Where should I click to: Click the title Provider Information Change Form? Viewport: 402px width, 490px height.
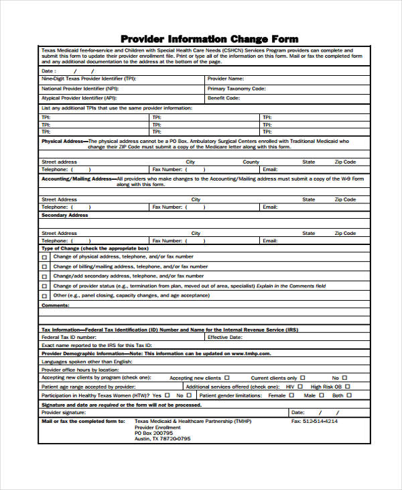[209, 38]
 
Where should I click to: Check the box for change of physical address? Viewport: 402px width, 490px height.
[45, 257]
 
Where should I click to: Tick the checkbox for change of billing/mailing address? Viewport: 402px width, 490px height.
[45, 266]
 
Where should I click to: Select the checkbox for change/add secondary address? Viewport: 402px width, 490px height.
[45, 276]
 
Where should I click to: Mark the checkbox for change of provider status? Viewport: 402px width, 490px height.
[45, 286]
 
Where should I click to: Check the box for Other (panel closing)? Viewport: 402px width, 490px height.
[45, 295]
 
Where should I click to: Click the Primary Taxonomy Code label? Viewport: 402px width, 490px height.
[237, 88]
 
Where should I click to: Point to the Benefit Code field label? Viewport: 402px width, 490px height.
[224, 97]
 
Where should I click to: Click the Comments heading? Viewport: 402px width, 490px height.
[56, 305]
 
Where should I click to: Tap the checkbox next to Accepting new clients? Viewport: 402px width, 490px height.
[226, 378]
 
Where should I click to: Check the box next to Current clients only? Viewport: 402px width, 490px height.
[303, 378]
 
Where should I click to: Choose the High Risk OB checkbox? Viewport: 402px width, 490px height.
[347, 387]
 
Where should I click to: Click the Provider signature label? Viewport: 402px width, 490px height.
[66, 412]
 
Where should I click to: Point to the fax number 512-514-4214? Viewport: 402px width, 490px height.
[314, 421]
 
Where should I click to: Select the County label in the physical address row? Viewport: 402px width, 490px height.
[251, 162]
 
